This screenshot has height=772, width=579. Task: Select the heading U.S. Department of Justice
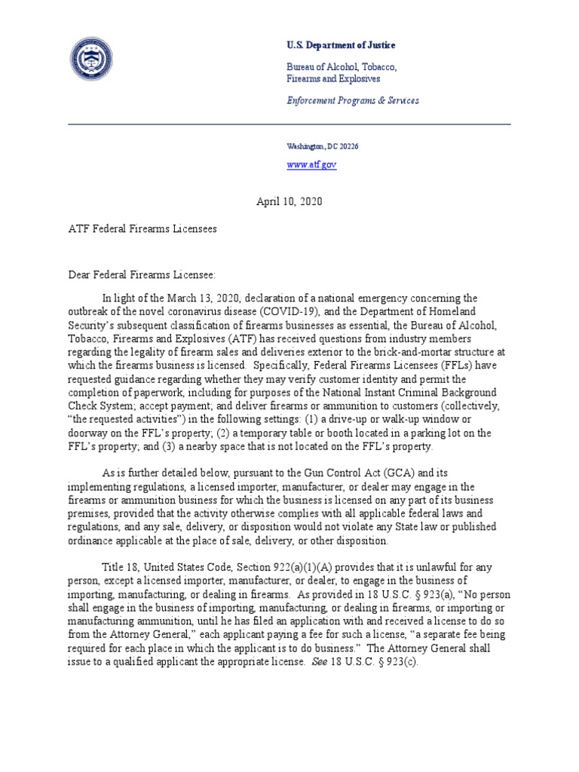tap(341, 45)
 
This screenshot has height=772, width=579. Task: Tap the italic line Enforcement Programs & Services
tap(353, 100)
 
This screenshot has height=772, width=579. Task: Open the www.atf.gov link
tap(311, 165)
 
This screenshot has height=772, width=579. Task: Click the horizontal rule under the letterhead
tap(289, 124)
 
